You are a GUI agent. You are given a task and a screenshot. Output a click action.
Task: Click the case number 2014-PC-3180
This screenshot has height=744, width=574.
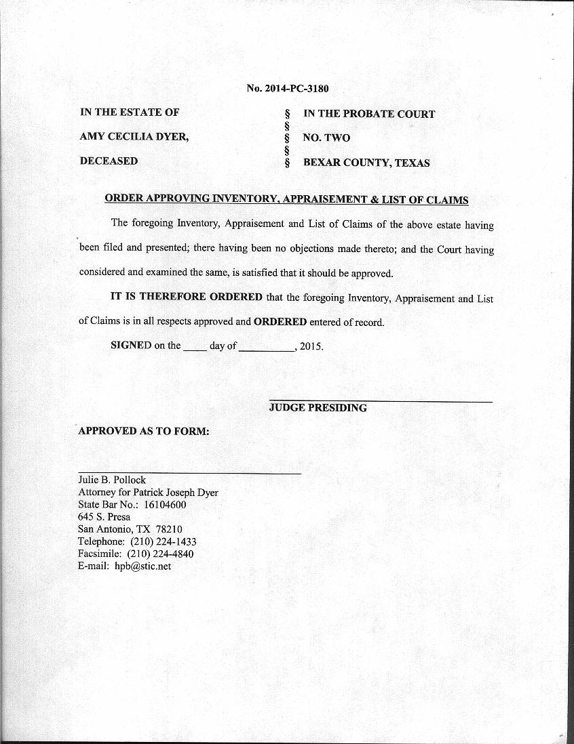coord(296,89)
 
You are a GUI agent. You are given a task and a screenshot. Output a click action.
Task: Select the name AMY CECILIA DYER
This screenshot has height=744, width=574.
coord(134,137)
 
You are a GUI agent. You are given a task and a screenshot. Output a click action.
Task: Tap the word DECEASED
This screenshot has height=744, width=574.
coord(109,161)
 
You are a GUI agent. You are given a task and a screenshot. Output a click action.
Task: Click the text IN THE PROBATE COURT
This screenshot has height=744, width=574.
coord(369,114)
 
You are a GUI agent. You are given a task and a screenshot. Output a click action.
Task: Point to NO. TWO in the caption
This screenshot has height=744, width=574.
coord(326,138)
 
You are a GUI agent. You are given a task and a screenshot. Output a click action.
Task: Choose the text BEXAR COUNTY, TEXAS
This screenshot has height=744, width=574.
coord(366,163)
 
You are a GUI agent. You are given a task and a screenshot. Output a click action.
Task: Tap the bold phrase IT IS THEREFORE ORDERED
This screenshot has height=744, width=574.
coord(187,297)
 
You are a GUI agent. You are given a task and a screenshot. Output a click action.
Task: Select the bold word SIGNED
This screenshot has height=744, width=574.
coord(131,346)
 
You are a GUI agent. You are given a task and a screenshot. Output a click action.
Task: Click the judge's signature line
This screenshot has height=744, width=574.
coord(381,402)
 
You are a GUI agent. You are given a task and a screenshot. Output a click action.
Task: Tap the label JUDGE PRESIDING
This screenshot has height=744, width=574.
coord(318,408)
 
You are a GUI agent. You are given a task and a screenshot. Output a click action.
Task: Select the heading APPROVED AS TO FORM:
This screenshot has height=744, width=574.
coord(144,432)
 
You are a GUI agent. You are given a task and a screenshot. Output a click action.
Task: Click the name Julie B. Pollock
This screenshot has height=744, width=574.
coord(112,480)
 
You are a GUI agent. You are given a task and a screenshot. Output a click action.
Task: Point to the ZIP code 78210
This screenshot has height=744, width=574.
coord(168,529)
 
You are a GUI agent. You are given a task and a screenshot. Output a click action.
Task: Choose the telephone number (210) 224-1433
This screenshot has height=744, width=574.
coord(164,541)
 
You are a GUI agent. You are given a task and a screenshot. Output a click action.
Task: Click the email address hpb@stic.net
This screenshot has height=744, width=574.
coord(142,566)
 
